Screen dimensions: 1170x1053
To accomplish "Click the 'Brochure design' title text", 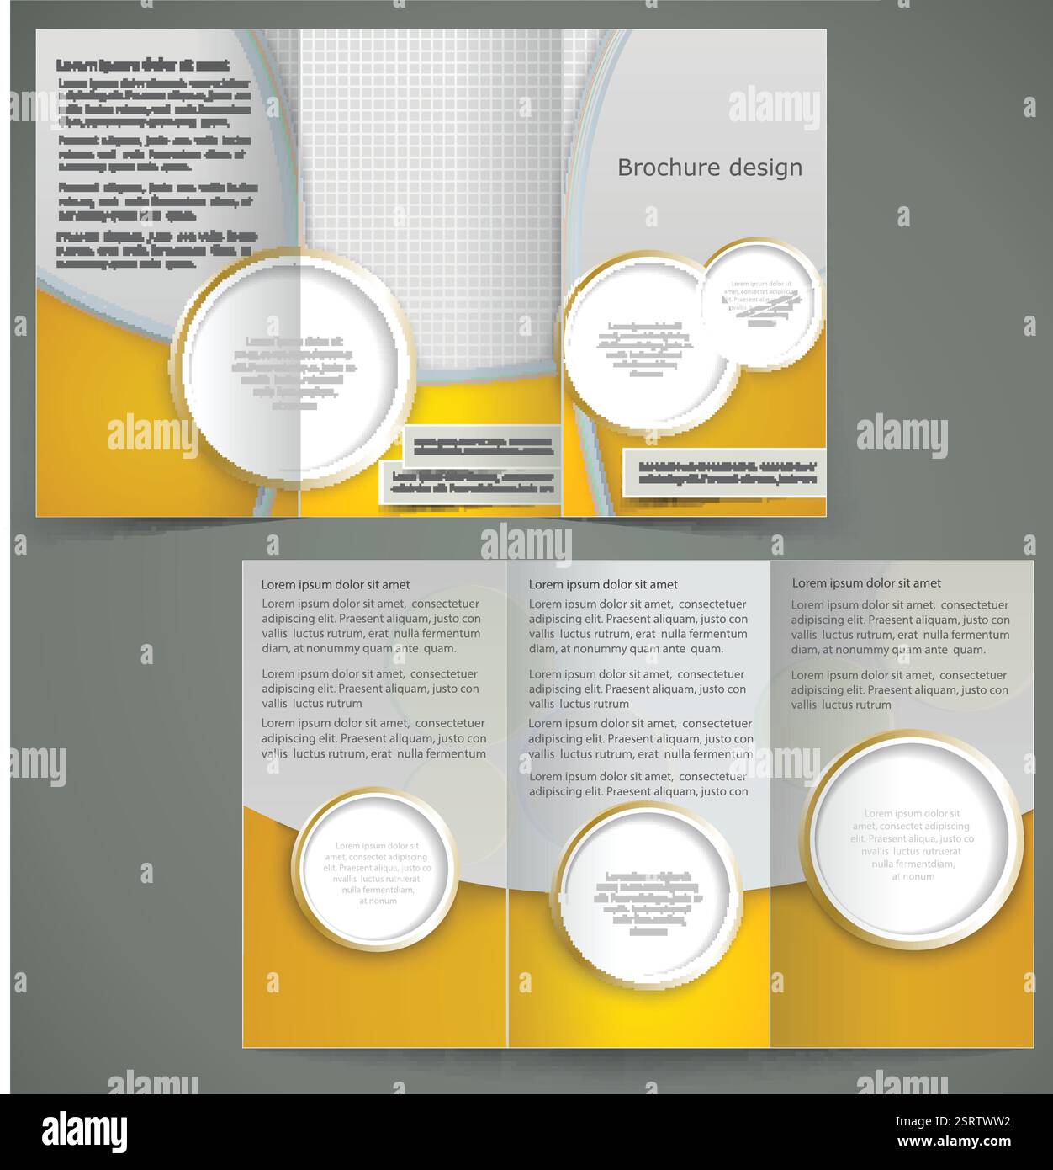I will [x=710, y=168].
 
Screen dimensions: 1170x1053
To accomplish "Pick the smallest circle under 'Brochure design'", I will [x=762, y=304].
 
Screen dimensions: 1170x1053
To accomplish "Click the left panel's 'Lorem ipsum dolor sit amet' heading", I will [x=336, y=584].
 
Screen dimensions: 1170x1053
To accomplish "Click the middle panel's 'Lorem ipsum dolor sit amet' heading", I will [x=603, y=584].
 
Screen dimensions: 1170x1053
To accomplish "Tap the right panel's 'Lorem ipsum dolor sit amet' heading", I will [x=866, y=582].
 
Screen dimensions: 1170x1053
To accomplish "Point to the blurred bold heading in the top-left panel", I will [x=142, y=65].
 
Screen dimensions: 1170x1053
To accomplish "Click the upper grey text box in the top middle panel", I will [x=482, y=445].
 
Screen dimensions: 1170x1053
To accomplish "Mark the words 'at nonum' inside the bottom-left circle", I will [x=378, y=901].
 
